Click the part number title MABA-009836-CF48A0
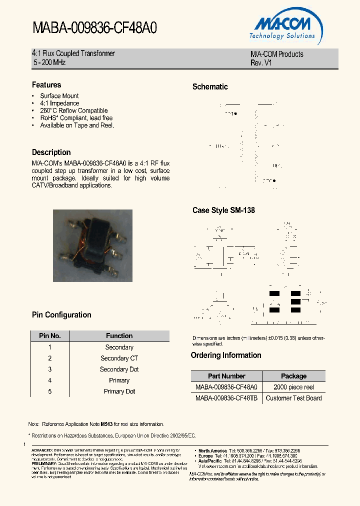94,28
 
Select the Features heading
46,85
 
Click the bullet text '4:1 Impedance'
59,103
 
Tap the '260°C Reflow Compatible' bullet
73,111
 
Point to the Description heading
51,152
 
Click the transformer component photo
93,245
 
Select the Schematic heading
210,87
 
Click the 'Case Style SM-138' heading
223,210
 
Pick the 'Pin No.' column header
50,336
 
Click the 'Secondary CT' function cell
119,358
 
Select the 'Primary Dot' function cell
119,391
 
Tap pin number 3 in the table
50,369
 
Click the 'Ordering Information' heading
226,355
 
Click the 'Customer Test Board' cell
293,398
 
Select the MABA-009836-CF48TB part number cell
226,398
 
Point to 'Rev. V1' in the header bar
261,63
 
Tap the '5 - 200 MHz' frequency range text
49,62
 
